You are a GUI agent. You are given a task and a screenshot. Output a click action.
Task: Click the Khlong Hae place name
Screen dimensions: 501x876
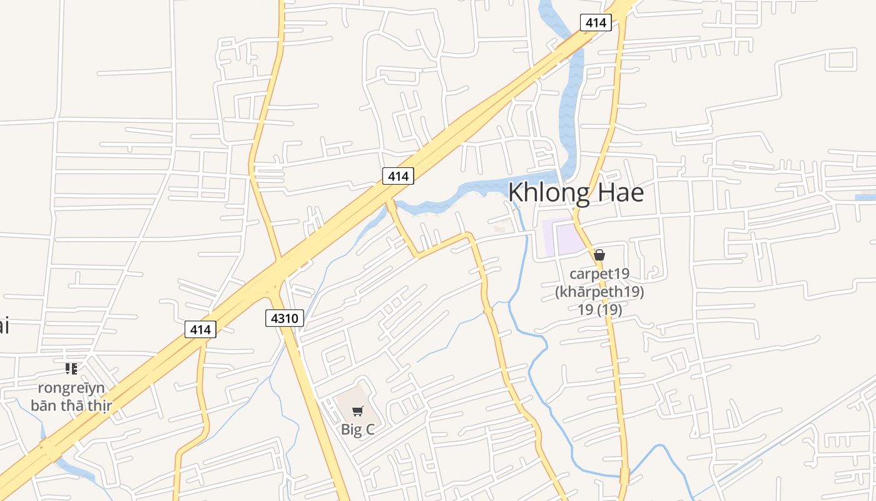tap(576, 192)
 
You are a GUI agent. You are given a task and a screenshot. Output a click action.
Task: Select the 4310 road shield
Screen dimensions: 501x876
tap(284, 318)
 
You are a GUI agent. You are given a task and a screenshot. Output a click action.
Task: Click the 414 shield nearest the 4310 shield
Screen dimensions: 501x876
tap(200, 329)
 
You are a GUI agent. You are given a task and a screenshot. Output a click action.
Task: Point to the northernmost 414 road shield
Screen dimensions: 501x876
tap(596, 23)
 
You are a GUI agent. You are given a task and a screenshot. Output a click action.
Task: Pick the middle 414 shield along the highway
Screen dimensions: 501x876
tap(398, 176)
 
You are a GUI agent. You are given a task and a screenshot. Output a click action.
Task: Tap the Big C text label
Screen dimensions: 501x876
tap(358, 430)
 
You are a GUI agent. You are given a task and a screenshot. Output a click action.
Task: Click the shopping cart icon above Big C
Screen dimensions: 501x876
tap(357, 411)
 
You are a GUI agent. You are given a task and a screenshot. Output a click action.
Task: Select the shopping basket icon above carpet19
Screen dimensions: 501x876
tap(599, 255)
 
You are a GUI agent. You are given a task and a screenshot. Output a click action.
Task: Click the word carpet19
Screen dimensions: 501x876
tap(599, 274)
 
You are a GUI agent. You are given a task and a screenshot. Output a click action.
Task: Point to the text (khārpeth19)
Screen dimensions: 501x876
tap(599, 292)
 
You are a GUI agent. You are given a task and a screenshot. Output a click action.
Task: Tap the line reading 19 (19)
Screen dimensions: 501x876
tap(599, 309)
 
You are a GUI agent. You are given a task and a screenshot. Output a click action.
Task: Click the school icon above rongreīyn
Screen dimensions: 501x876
tap(71, 369)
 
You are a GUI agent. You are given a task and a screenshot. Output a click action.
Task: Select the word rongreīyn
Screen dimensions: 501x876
tap(71, 388)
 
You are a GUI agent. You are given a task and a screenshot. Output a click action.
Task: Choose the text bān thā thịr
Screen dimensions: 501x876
tap(71, 405)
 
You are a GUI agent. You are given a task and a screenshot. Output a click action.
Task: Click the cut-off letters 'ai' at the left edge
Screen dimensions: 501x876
tap(4, 326)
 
